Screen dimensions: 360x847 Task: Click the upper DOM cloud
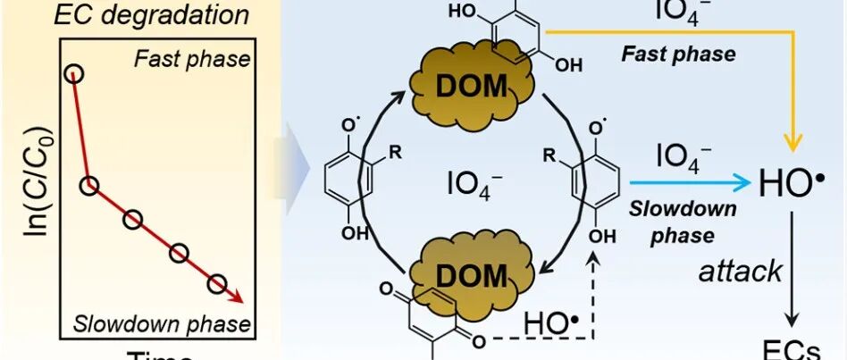pos(471,86)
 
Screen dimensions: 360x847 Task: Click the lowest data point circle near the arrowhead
pos(218,284)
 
